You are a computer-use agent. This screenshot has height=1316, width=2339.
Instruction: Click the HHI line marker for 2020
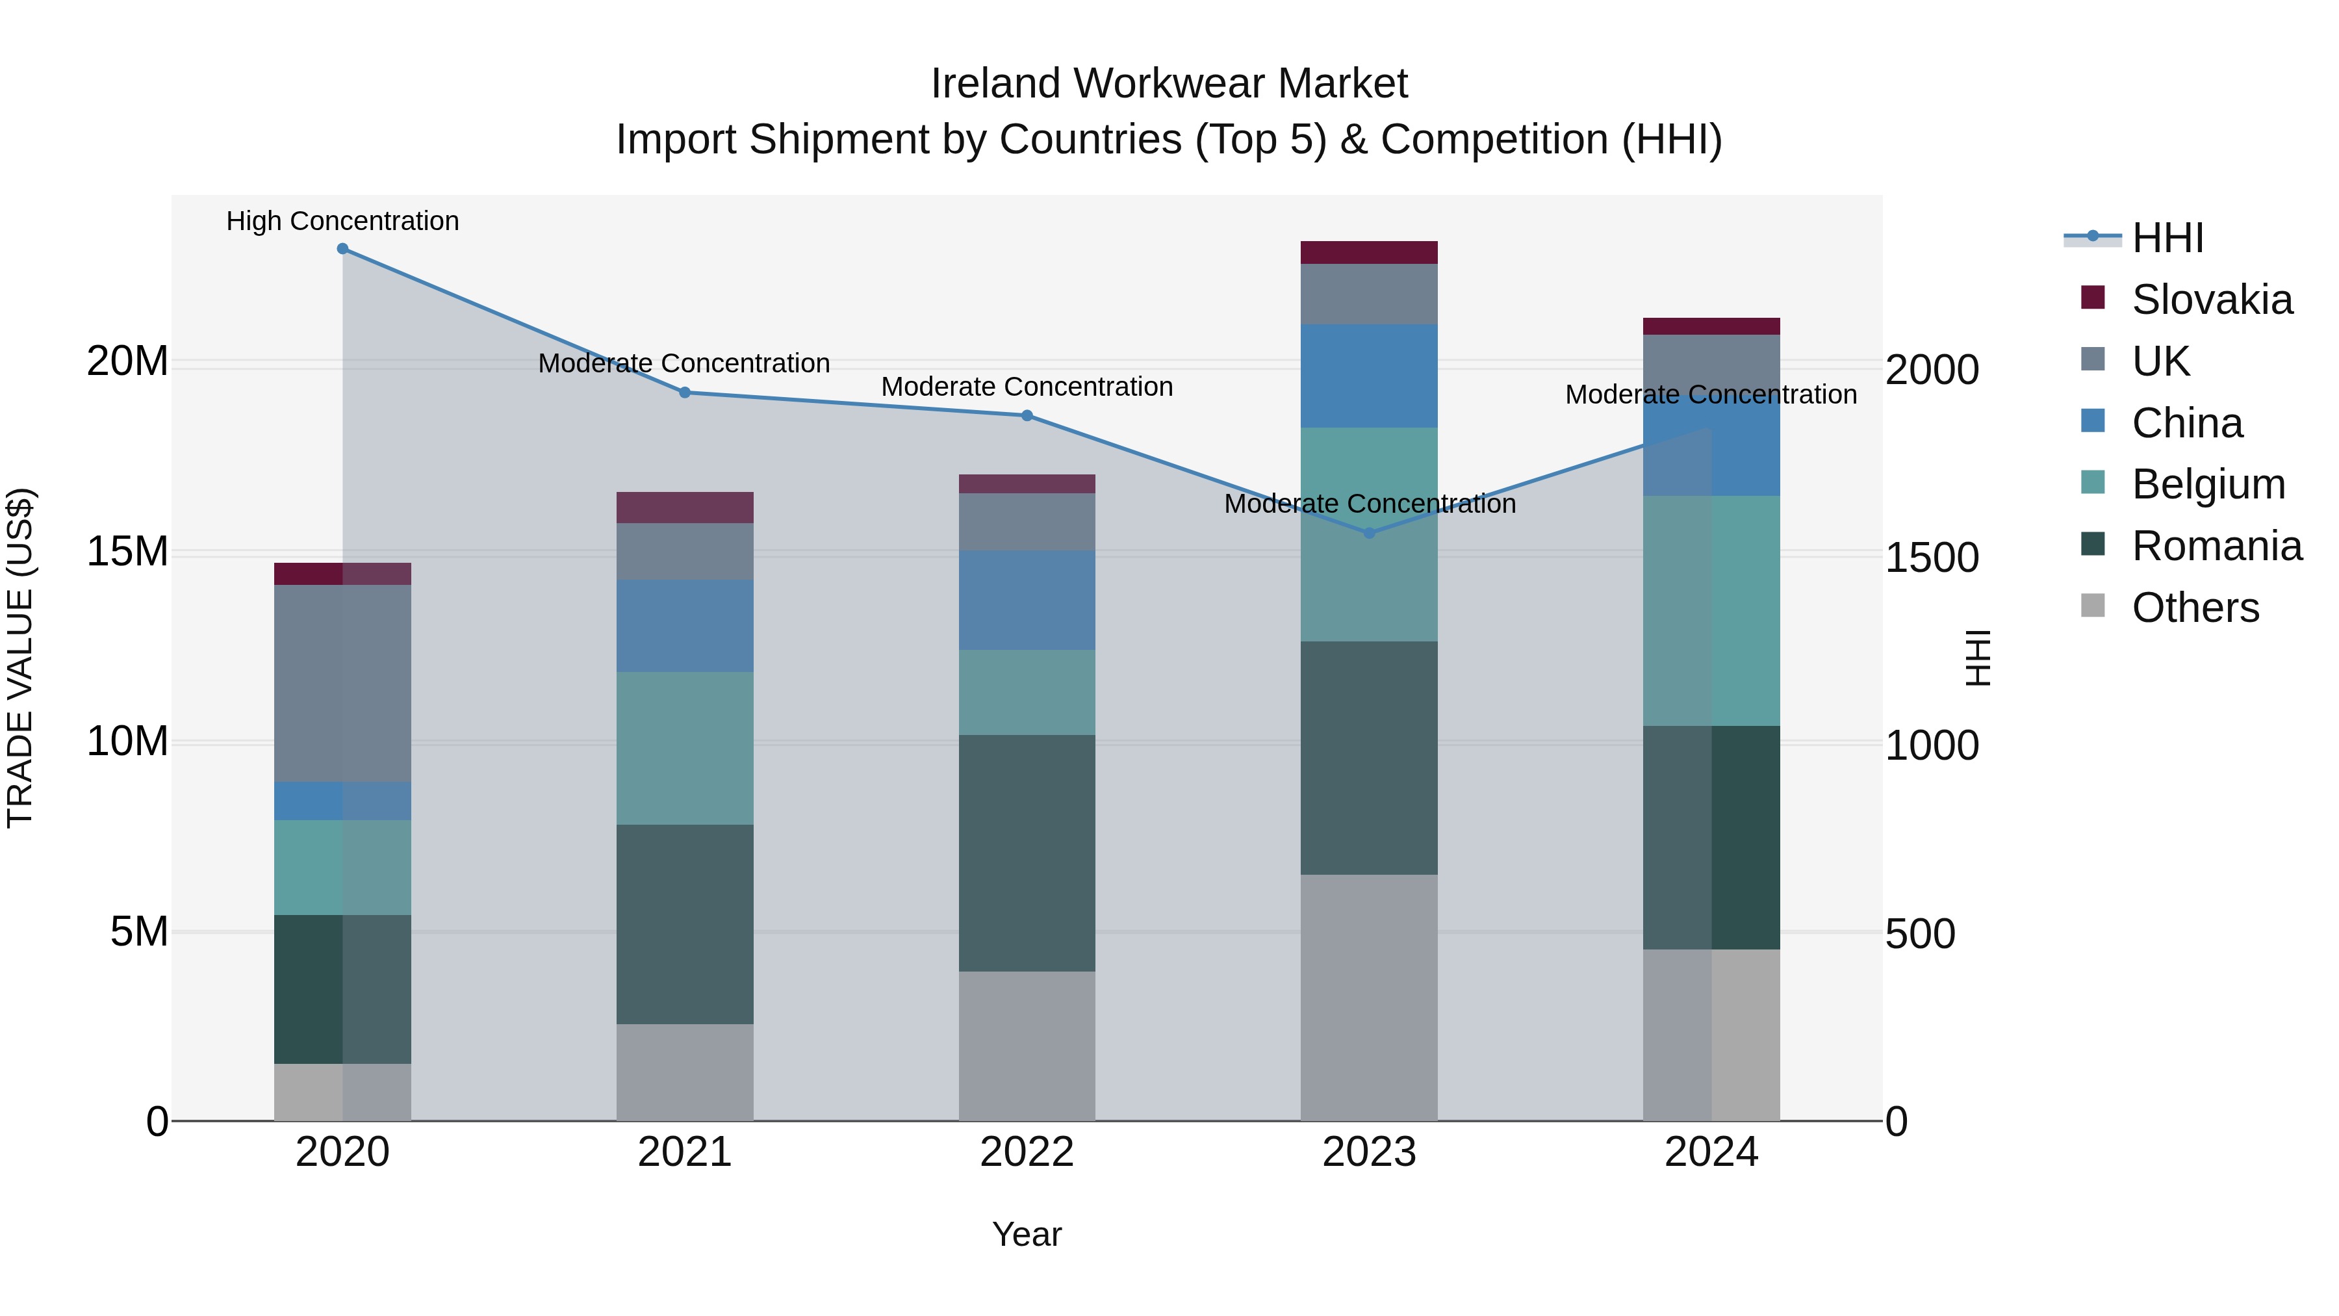tap(342, 249)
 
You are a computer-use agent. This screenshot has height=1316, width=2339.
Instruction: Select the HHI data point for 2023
tap(1369, 533)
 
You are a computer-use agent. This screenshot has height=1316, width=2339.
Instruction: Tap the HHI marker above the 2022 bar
tap(1027, 416)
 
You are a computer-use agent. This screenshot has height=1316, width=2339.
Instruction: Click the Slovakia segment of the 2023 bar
tap(1369, 253)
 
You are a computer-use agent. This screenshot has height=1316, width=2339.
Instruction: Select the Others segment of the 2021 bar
tap(685, 1072)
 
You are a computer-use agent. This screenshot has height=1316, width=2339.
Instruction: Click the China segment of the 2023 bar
tap(1369, 376)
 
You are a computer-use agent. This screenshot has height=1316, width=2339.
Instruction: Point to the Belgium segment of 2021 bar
tap(685, 749)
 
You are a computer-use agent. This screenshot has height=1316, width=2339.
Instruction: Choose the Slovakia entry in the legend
tap(2212, 300)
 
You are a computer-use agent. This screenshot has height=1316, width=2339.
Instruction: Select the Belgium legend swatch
tap(2093, 482)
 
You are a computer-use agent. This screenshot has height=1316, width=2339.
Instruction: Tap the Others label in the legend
tap(2195, 608)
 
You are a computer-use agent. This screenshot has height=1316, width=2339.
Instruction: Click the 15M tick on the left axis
tap(127, 551)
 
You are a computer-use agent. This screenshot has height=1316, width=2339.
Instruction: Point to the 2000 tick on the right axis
tap(1932, 370)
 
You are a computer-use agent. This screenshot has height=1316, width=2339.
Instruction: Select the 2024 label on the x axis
tap(1711, 1152)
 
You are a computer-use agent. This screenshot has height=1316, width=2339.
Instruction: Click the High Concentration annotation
tap(342, 221)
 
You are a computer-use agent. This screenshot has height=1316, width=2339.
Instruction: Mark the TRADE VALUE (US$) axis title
tap(20, 658)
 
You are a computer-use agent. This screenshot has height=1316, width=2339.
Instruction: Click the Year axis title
tap(1027, 1234)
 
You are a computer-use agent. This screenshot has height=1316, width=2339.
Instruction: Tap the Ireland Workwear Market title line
tap(1169, 84)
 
